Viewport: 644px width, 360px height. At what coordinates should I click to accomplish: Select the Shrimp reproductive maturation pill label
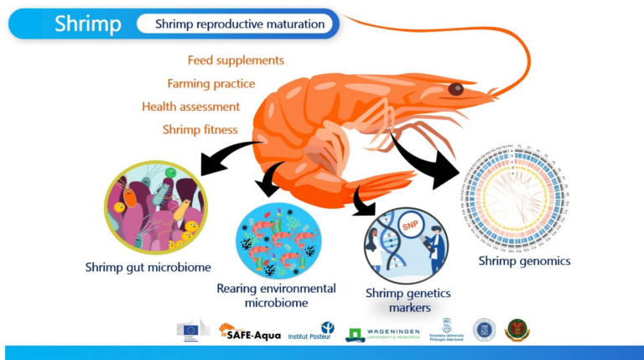pyautogui.click(x=239, y=24)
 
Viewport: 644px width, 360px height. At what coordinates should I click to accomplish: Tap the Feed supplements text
pyautogui.click(x=236, y=60)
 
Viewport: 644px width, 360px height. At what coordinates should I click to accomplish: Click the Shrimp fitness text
pyautogui.click(x=200, y=130)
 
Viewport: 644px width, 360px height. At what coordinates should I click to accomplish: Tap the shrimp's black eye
pyautogui.click(x=455, y=89)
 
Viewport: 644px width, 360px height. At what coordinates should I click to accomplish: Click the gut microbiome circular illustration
pyautogui.click(x=155, y=206)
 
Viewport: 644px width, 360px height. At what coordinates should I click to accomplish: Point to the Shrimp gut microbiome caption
pyautogui.click(x=148, y=268)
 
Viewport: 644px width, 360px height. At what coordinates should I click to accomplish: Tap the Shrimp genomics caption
pyautogui.click(x=524, y=261)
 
